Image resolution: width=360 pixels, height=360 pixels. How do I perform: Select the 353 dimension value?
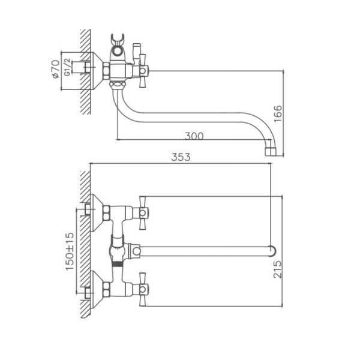181,157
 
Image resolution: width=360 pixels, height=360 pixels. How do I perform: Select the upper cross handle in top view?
143,212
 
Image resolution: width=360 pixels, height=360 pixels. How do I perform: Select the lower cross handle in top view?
143,289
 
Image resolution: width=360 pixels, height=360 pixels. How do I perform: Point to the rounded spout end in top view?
272,250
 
